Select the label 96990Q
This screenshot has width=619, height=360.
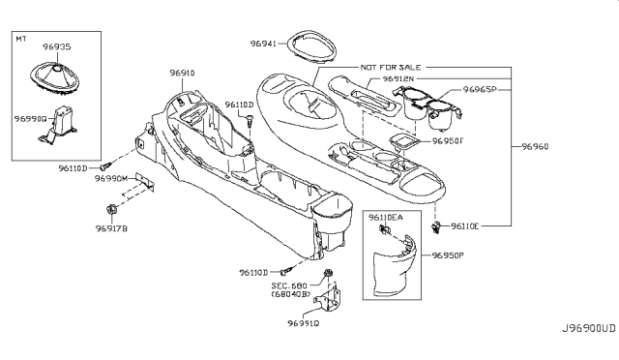click(x=31, y=117)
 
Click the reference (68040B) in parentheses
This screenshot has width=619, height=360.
click(x=293, y=296)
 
